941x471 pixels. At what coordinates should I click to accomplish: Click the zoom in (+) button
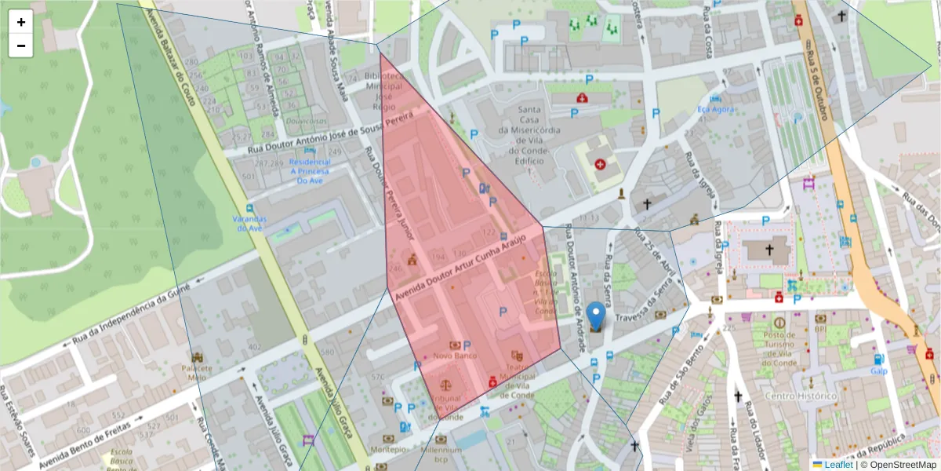pyautogui.click(x=21, y=22)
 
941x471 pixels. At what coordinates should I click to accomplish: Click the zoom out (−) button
pyautogui.click(x=21, y=46)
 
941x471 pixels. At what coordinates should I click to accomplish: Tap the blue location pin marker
pyautogui.click(x=596, y=316)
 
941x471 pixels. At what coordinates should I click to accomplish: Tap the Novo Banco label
pyautogui.click(x=455, y=356)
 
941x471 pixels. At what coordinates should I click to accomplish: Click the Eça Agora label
pyautogui.click(x=716, y=109)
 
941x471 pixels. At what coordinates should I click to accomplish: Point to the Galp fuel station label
pyautogui.click(x=878, y=371)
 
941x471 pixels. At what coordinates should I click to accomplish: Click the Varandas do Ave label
pyautogui.click(x=245, y=223)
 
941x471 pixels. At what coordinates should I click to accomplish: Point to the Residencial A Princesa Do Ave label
pyautogui.click(x=311, y=171)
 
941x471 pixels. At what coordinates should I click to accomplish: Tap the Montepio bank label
pyautogui.click(x=390, y=450)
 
